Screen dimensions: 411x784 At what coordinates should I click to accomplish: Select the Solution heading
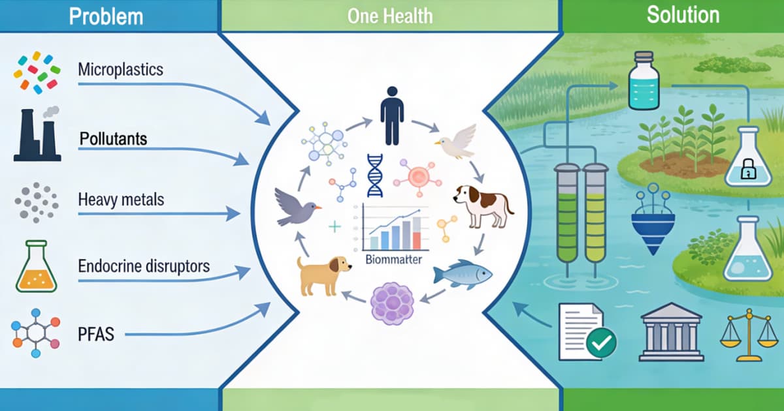(x=683, y=15)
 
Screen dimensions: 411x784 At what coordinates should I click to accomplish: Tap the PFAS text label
(x=95, y=335)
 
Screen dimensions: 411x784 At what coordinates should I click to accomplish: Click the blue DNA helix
(x=374, y=175)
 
